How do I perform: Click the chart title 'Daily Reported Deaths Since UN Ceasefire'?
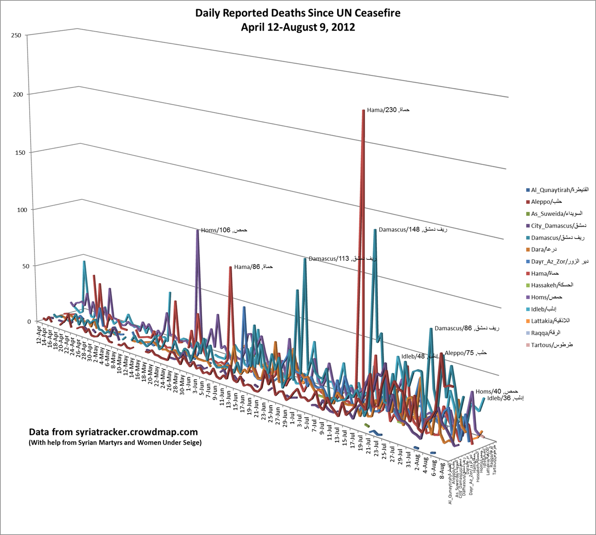(x=298, y=13)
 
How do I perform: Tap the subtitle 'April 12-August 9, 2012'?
(x=298, y=27)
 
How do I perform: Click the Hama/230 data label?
(x=388, y=110)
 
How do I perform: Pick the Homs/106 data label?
(x=224, y=230)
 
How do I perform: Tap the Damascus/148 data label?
(x=412, y=229)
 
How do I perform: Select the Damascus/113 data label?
(x=342, y=259)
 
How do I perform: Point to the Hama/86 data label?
(x=253, y=267)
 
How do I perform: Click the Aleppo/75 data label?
(x=465, y=353)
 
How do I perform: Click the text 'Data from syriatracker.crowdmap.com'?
(x=113, y=432)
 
